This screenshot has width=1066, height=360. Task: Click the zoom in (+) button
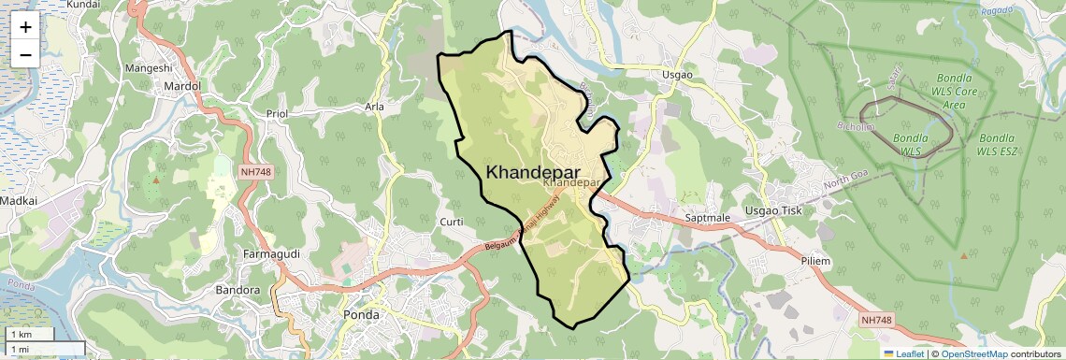(25, 27)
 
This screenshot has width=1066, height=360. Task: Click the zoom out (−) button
(25, 54)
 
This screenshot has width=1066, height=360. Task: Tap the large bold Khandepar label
(532, 172)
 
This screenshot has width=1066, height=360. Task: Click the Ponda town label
(362, 314)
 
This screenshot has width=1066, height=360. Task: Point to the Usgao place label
(677, 75)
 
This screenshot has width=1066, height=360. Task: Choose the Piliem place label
(815, 261)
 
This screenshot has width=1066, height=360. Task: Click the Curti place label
(453, 222)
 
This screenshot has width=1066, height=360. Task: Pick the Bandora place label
(238, 290)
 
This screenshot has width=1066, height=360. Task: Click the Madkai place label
(19, 200)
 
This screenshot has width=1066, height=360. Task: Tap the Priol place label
(277, 113)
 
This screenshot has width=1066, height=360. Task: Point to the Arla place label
(374, 107)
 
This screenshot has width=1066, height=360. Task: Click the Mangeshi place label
(149, 68)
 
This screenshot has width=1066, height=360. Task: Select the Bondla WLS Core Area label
(953, 94)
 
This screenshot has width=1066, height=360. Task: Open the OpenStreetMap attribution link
(974, 354)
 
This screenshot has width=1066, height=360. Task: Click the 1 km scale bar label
(21, 334)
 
